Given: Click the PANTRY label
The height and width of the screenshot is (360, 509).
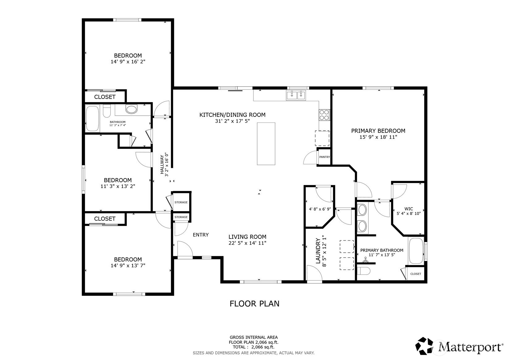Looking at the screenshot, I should pos(324,157).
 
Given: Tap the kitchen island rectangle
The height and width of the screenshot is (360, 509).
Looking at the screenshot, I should pos(266,144).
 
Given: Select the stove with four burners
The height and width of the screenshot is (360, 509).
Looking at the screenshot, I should pos(324,115).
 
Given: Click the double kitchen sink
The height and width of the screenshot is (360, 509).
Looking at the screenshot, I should pos(296,95).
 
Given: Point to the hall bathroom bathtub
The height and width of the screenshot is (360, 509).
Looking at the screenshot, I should pos(92,119).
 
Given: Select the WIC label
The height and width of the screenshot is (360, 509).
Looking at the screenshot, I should pos(409,209).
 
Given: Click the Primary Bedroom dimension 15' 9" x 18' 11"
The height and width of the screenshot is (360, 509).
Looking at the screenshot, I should pos(378,137).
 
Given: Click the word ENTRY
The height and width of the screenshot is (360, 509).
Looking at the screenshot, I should pos(201,235).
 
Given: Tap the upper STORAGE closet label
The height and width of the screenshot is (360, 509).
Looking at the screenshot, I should pos(181,202).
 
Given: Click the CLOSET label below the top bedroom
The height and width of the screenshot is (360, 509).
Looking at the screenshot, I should pos(105,97).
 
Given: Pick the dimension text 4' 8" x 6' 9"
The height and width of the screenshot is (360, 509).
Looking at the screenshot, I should pos(320,209).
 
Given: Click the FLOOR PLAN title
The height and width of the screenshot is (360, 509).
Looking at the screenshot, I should pos(254,304).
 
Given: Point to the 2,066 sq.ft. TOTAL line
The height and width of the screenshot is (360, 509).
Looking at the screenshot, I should pos(253,347).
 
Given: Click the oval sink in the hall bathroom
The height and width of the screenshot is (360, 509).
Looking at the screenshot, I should pos(132,109).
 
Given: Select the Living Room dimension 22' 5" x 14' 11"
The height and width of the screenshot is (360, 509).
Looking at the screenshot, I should pos(247,243).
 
